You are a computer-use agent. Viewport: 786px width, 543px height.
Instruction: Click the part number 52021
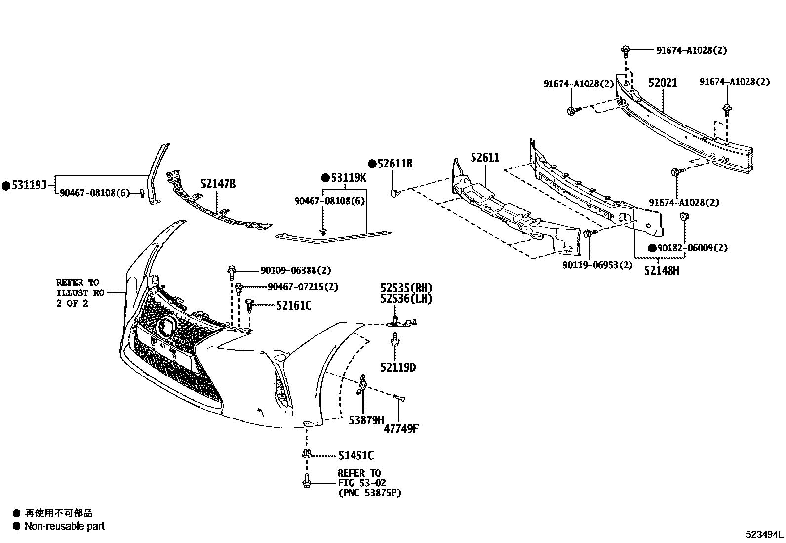coord(663,83)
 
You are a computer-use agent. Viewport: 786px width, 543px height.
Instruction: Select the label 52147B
coord(218,184)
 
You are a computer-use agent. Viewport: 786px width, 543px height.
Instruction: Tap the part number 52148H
coord(661,270)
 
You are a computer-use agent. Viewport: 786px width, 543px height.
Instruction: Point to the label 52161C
coord(293,306)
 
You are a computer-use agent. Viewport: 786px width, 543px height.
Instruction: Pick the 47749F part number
coord(401,428)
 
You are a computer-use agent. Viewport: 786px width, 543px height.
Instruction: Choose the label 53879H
coord(366,420)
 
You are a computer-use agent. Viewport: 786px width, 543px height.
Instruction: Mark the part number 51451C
coord(355,455)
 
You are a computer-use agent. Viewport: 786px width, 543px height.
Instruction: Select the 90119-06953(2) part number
coord(597,265)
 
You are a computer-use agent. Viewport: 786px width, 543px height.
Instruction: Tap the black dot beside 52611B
coord(373,164)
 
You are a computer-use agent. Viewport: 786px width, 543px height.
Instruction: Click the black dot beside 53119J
coord(6,186)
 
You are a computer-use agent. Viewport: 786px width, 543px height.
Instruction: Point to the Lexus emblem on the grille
coord(167,326)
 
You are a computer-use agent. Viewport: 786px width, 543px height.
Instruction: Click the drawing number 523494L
coord(764,534)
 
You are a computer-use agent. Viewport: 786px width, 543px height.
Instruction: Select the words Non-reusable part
coord(65,526)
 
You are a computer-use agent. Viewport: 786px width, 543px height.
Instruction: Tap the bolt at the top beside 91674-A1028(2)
coord(626,50)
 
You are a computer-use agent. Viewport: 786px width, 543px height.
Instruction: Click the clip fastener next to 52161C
coord(250,306)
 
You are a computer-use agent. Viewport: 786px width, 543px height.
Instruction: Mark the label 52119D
coord(398,367)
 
